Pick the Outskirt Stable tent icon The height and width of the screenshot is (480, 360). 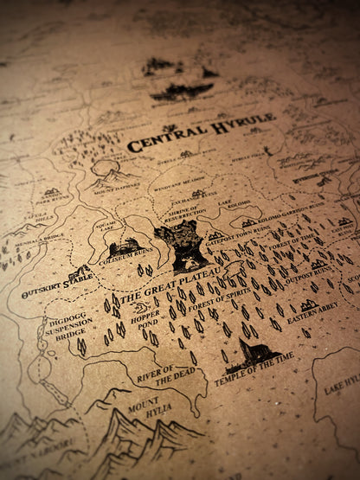pos(80,273)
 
